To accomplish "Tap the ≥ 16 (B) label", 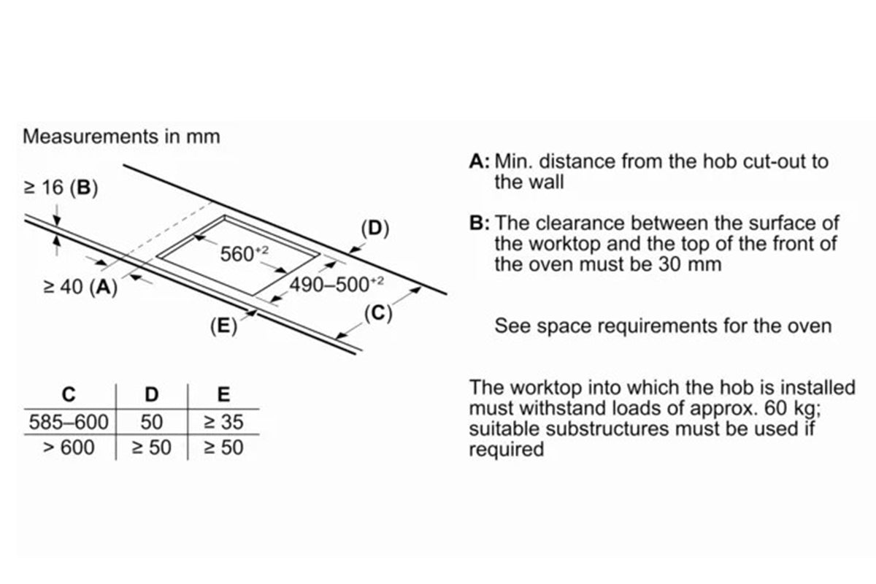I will [x=61, y=188].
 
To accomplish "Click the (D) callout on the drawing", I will [x=375, y=228].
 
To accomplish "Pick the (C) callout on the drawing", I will [x=378, y=314].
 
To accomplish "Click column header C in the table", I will [x=68, y=395].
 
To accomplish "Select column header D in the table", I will [x=151, y=395].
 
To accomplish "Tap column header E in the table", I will [x=223, y=395].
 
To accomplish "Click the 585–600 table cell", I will [x=68, y=422].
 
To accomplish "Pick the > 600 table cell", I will [x=68, y=447].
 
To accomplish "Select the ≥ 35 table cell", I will [x=223, y=422].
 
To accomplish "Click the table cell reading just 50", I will [x=153, y=422].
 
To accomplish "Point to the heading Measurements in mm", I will [x=122, y=137].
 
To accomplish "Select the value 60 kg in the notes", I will [x=796, y=407].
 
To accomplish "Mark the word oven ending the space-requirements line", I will [x=808, y=326].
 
